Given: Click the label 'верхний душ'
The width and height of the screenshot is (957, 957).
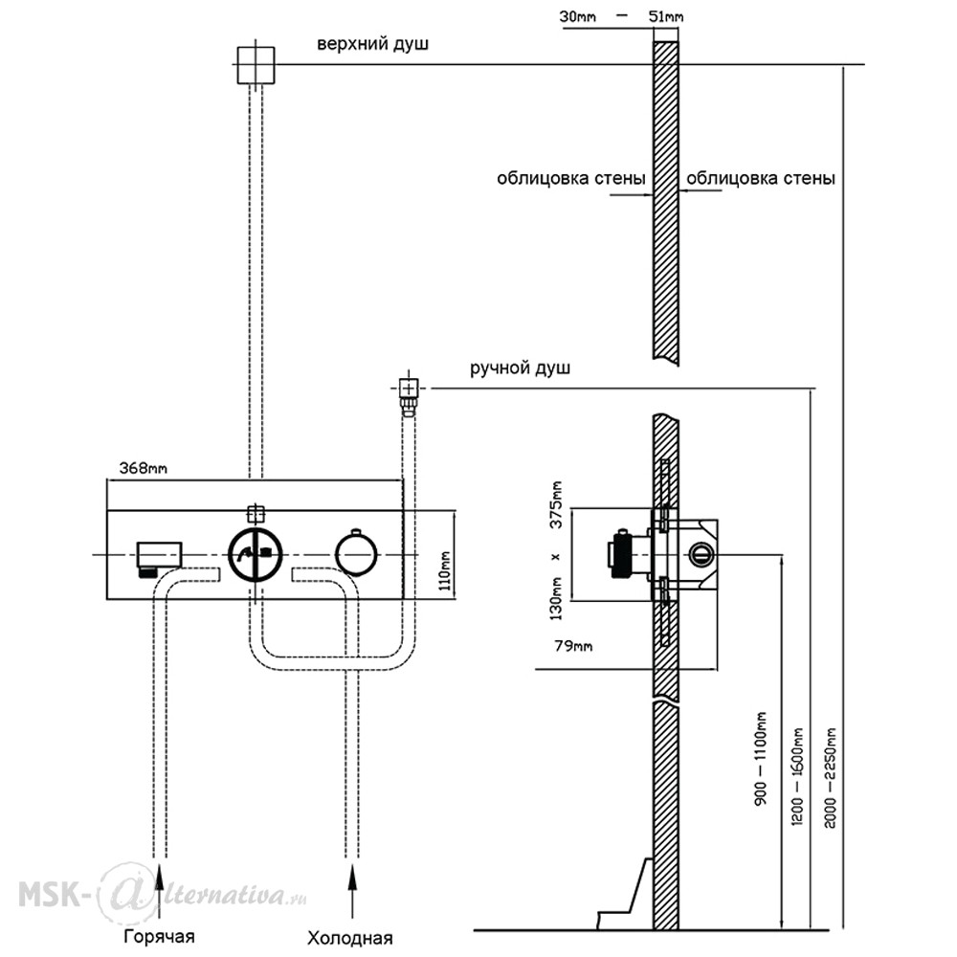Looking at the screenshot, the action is click(372, 45).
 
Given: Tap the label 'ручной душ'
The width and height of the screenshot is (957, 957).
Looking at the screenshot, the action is click(520, 368).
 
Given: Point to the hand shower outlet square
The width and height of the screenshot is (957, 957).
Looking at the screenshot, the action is click(409, 389).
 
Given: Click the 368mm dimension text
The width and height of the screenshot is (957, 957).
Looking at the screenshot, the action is click(143, 468).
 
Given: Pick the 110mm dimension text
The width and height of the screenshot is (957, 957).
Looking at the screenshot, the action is click(446, 570).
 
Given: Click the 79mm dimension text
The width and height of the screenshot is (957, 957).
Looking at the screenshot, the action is click(573, 646).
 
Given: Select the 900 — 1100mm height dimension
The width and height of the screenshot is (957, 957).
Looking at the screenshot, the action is click(761, 758).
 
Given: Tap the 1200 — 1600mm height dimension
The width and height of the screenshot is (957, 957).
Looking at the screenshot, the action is click(797, 776).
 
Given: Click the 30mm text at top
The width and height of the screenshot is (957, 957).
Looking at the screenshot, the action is click(577, 16).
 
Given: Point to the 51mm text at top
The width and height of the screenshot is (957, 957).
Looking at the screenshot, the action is click(666, 16).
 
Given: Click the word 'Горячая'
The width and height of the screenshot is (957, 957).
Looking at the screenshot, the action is click(159, 936).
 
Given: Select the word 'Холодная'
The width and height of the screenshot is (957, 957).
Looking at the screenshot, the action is click(349, 938).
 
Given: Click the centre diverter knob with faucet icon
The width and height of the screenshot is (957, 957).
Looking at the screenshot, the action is click(256, 554).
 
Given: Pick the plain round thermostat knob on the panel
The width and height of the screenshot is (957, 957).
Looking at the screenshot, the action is click(356, 555).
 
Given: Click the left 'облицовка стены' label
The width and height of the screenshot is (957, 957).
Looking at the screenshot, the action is click(570, 178).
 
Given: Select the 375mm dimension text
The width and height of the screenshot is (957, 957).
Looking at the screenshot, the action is click(556, 505).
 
